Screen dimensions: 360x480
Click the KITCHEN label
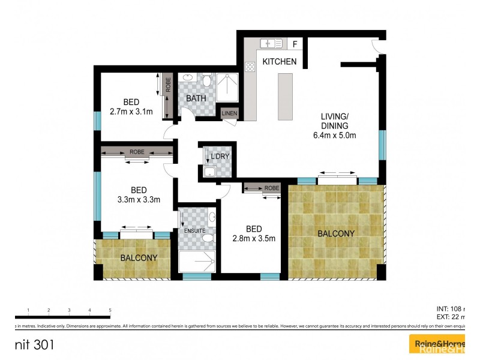click(x=278, y=61)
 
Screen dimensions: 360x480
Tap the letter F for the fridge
click(x=295, y=43)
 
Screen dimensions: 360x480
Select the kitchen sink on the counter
click(x=272, y=43)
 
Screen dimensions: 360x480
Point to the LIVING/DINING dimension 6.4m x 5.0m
click(x=334, y=135)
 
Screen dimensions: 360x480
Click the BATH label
click(x=196, y=98)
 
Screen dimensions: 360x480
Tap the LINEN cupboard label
click(x=229, y=113)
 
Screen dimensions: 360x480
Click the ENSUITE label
click(x=195, y=230)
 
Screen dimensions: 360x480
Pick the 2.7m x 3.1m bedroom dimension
click(x=131, y=112)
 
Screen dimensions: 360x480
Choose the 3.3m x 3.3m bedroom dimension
click(x=139, y=200)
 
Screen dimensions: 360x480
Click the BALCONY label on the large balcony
click(x=336, y=233)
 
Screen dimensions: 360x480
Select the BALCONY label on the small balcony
click(x=139, y=258)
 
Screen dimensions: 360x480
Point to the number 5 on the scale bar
click(x=110, y=310)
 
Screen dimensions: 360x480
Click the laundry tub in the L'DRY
click(x=208, y=173)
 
